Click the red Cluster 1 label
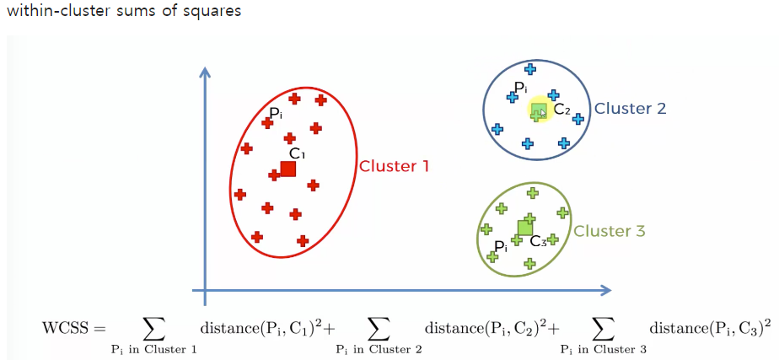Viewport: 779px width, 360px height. [x=394, y=166]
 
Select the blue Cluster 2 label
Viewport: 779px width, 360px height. [x=630, y=109]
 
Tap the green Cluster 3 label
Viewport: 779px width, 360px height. [x=609, y=231]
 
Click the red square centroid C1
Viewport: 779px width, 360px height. [x=288, y=169]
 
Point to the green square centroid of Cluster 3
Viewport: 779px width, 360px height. [x=525, y=227]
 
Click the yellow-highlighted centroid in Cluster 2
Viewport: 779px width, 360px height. [x=539, y=110]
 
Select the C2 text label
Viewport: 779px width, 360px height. [x=562, y=110]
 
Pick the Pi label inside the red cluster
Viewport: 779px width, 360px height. [x=275, y=113]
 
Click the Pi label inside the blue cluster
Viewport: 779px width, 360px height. [x=520, y=87]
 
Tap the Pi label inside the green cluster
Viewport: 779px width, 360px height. [x=501, y=246]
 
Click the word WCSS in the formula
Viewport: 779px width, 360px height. [x=63, y=327]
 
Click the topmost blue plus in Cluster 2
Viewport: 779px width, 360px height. [x=529, y=69]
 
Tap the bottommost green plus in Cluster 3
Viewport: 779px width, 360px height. [x=529, y=264]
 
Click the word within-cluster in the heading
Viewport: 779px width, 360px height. [x=54, y=12]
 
